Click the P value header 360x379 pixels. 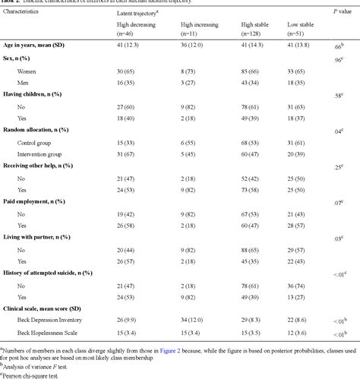(341, 13)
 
